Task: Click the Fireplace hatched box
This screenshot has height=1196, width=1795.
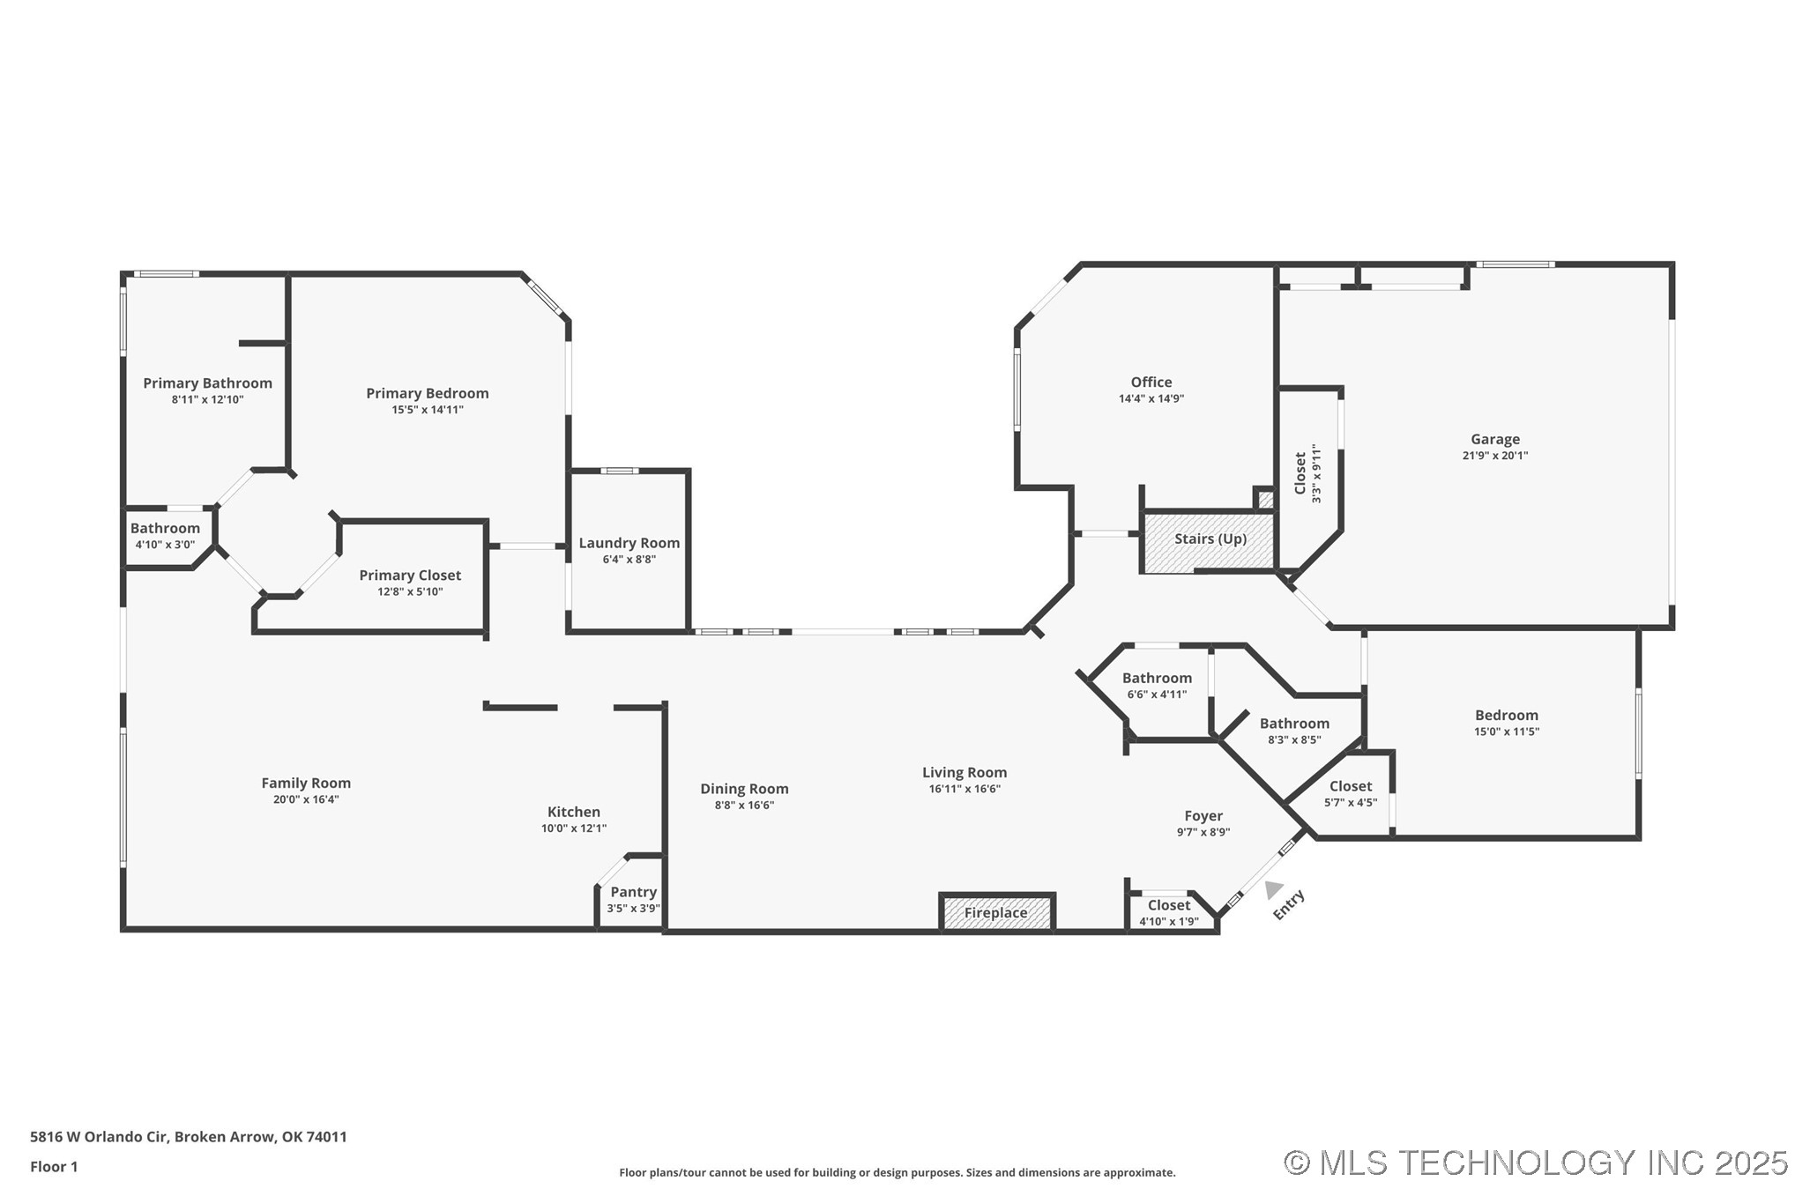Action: (996, 912)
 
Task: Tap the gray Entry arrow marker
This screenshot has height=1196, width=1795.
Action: (1273, 889)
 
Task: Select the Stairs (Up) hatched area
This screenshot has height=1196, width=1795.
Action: (1210, 539)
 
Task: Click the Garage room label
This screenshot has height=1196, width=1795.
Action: (1494, 439)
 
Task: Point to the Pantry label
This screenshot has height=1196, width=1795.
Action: (633, 892)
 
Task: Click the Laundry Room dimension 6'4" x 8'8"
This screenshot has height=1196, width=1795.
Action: (629, 560)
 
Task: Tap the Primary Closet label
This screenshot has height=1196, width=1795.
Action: (410, 576)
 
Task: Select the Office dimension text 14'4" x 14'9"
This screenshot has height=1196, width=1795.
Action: (1151, 398)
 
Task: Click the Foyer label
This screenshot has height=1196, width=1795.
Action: (1203, 816)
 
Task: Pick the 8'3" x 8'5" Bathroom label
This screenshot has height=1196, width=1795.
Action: (1293, 724)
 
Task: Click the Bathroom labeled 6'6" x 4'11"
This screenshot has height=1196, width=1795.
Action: (1157, 678)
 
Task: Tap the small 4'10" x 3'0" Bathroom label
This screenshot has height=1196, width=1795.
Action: (165, 529)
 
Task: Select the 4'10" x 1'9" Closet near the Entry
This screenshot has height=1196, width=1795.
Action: (1168, 906)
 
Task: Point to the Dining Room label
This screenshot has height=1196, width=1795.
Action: (744, 789)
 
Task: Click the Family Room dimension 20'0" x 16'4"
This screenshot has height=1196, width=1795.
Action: (306, 799)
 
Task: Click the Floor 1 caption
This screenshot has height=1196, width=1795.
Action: (54, 1166)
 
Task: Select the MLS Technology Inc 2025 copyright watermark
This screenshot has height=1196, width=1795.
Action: (1535, 1163)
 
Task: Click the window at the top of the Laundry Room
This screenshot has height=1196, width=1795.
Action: (620, 471)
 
